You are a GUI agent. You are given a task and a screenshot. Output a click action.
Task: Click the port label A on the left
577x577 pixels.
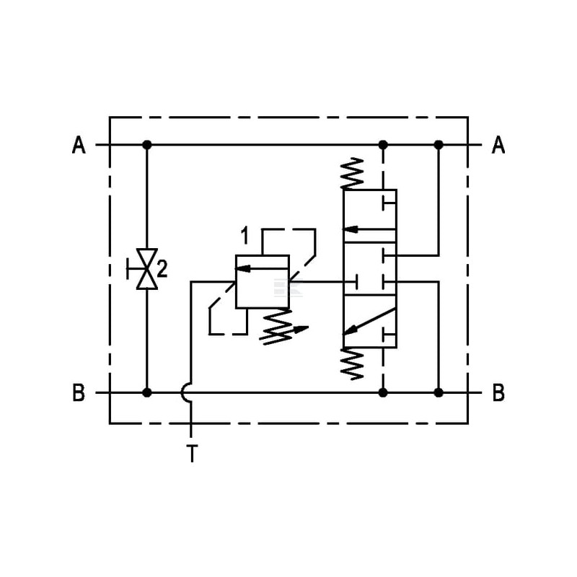[x=79, y=145]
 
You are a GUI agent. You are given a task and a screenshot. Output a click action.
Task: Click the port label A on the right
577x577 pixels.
[x=498, y=145]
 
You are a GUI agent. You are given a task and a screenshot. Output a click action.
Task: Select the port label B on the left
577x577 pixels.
[x=79, y=392]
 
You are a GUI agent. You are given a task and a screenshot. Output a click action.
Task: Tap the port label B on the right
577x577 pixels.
[x=498, y=392]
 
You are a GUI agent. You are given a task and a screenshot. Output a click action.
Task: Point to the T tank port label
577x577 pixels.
[x=192, y=454]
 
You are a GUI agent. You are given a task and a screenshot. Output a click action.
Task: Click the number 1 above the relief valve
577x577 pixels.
[x=245, y=236]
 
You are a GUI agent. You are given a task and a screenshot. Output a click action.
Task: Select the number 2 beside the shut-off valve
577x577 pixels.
[x=162, y=269]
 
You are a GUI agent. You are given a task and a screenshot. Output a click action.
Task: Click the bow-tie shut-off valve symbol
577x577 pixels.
[x=147, y=269]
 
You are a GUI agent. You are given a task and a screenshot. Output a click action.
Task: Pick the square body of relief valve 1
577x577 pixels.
[x=263, y=281]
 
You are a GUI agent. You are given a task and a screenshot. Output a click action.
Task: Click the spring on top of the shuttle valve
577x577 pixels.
[x=352, y=173]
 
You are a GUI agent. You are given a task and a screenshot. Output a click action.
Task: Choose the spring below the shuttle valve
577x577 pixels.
[x=352, y=364]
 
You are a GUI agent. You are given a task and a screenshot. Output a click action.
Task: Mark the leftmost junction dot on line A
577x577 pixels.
[x=147, y=145]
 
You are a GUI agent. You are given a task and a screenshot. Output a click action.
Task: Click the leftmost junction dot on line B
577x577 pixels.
[x=147, y=392]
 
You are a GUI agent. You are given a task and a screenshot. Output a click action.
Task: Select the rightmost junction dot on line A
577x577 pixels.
[x=439, y=145]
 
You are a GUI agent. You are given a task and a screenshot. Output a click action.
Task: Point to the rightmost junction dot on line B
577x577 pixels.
[x=439, y=392]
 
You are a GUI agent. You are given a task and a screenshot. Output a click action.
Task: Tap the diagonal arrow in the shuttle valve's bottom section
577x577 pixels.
[x=369, y=321]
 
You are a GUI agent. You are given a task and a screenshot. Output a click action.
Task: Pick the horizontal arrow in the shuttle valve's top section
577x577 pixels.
[x=369, y=229]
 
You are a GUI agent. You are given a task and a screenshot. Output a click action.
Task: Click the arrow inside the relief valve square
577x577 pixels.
[x=262, y=268]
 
